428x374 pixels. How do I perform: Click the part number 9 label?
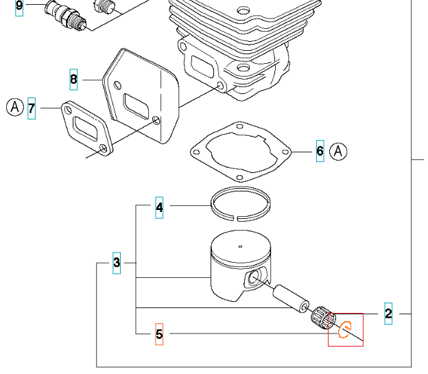(19, 5)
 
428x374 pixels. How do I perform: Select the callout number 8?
(73, 80)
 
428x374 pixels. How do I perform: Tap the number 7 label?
(32, 108)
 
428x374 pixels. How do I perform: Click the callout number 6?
(320, 151)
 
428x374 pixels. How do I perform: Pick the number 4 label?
(159, 208)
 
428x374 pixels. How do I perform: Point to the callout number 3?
(117, 263)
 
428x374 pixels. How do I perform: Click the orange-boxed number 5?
(159, 334)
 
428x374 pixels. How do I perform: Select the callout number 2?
(388, 314)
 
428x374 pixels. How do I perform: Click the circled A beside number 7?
(15, 107)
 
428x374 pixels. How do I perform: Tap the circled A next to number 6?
(338, 151)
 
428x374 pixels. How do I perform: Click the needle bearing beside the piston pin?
(323, 318)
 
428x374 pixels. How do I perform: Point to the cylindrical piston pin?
(292, 299)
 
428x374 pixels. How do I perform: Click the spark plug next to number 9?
(66, 14)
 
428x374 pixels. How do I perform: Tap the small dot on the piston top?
(240, 246)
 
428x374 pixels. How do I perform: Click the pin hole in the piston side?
(254, 278)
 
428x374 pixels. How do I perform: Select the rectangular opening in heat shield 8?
(136, 106)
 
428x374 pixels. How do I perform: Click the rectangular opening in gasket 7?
(85, 128)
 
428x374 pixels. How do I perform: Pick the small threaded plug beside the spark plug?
(104, 6)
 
